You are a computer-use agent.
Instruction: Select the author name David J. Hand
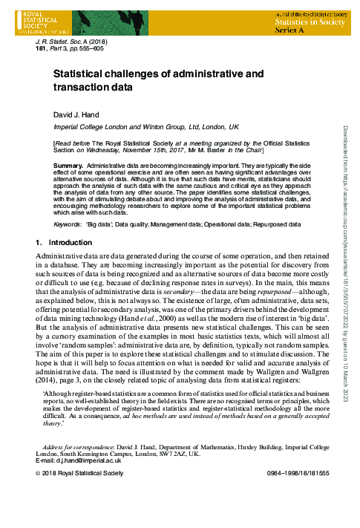point(75,115)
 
